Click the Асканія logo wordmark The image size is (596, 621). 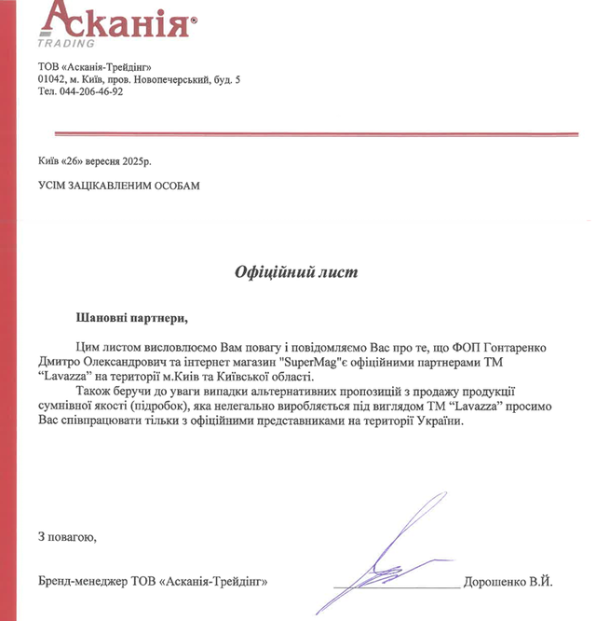coord(115,20)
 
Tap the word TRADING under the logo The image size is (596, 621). coord(66,43)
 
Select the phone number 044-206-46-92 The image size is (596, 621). coord(91,91)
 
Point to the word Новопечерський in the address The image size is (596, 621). coord(174,79)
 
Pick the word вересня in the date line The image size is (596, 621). coord(106,159)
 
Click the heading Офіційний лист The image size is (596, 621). coord(294,272)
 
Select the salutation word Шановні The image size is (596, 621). coord(102,319)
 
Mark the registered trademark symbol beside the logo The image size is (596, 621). coord(194,20)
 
